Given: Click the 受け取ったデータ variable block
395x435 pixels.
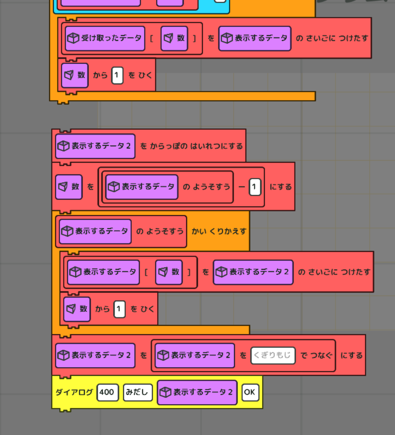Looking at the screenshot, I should point(105,38).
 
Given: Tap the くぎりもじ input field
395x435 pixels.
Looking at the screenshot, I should point(273,355).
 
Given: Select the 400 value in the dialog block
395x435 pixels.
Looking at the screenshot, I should point(107,392).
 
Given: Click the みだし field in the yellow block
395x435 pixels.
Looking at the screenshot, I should point(137,392).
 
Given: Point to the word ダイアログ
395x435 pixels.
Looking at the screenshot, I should point(74,392).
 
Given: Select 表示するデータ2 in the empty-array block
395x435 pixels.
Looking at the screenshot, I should point(95,146).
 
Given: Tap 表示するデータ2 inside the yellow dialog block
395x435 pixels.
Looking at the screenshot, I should point(197,392).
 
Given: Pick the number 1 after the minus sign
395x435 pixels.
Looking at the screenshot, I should point(255,187).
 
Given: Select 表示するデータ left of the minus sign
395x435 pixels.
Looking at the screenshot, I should point(142,187).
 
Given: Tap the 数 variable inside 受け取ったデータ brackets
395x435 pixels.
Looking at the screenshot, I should point(174,38).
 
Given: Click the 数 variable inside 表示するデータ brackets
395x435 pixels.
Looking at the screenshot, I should point(169,272).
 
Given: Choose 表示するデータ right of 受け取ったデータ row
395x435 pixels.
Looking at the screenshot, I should point(255,38).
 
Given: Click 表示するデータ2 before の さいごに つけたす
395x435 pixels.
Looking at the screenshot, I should point(253,272).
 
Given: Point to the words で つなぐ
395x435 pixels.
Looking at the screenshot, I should point(316,355).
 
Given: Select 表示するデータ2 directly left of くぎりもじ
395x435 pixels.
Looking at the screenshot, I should point(194,355).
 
